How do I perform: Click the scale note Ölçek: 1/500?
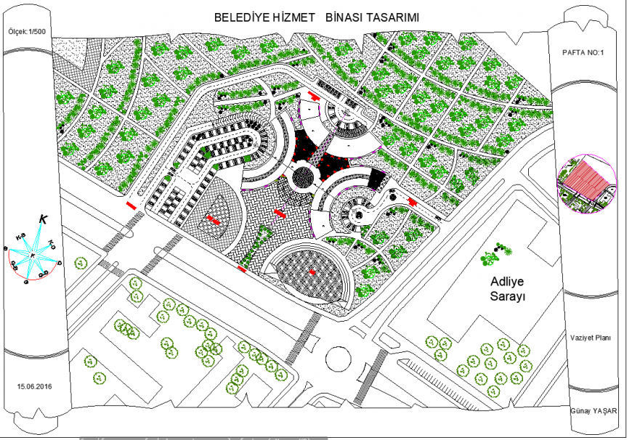28,33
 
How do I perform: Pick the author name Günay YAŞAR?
593,411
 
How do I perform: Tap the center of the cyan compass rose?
33,255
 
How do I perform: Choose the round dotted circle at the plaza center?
301,176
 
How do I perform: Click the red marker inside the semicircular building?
312,272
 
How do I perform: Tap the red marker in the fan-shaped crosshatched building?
213,219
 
